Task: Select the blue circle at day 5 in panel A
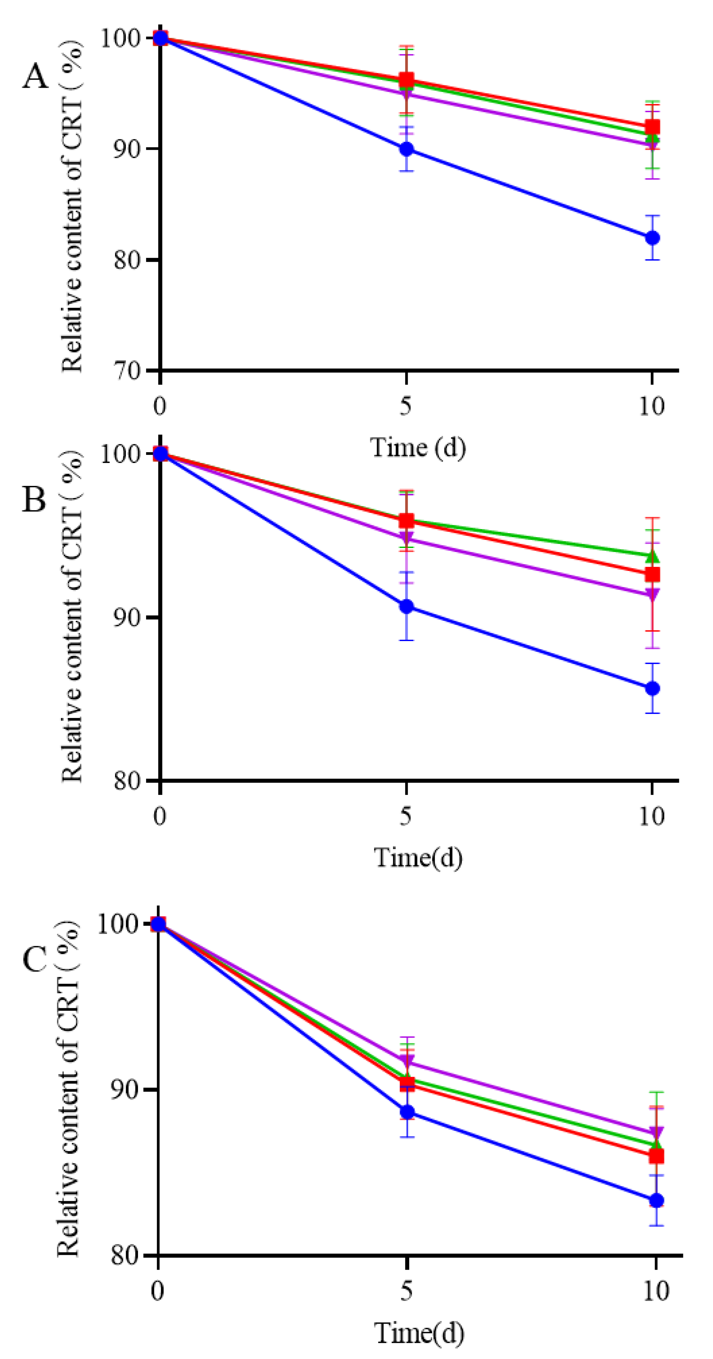(x=406, y=149)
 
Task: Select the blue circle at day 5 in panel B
(x=406, y=606)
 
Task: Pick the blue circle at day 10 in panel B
(x=652, y=689)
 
